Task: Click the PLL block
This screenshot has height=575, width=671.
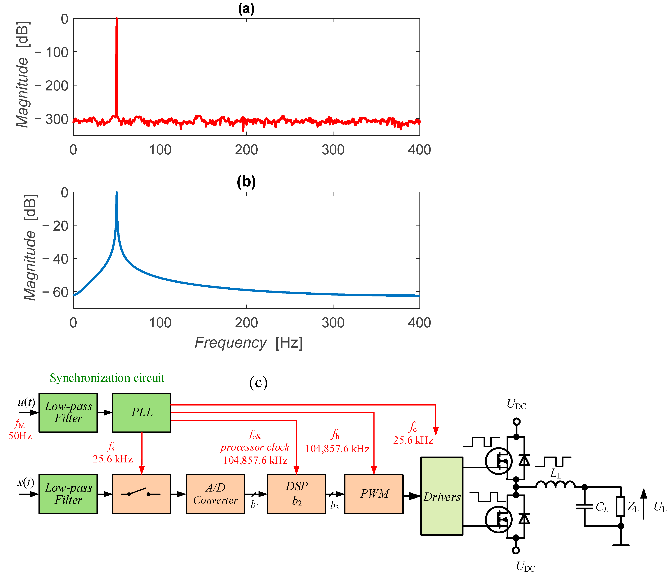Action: point(142,412)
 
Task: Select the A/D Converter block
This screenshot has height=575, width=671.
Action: point(215,494)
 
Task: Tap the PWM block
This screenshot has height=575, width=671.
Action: point(374,494)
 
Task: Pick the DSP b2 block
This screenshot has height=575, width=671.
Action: point(296,494)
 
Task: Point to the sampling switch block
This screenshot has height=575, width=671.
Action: point(142,494)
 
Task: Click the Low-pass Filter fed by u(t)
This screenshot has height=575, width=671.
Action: point(68,412)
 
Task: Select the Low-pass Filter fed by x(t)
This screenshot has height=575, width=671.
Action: point(68,494)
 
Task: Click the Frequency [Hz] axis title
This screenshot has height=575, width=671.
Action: point(248,342)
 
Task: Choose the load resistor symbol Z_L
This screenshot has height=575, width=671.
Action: point(621,506)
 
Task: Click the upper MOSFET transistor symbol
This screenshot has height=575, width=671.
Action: point(499,461)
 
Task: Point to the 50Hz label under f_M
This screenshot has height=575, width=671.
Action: point(20,436)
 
